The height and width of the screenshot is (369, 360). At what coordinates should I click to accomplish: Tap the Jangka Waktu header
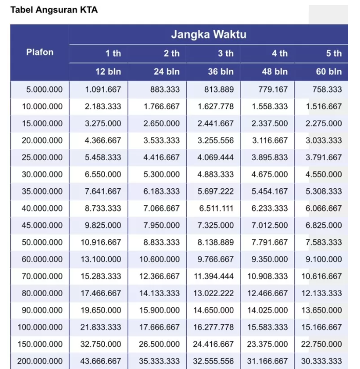tap(208, 35)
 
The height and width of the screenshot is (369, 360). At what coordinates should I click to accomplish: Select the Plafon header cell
tap(39, 52)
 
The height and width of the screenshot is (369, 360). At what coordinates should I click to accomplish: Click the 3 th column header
tap(225, 53)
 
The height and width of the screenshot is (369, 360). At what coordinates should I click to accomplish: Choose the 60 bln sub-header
tap(329, 71)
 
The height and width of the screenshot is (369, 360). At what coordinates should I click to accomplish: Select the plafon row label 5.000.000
tap(44, 89)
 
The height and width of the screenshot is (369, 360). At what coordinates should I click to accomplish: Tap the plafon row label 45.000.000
tap(42, 225)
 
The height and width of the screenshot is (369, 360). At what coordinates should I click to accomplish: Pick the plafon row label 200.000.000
tap(40, 361)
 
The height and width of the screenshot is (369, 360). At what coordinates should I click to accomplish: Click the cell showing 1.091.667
tap(103, 89)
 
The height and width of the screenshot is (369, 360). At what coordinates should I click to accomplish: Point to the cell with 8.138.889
tap(215, 242)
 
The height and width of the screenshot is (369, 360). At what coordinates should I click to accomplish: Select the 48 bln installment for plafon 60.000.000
tap(270, 259)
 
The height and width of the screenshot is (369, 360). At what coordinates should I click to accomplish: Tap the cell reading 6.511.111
tap(215, 208)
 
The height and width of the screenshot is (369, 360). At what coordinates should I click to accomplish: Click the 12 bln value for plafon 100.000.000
tap(101, 327)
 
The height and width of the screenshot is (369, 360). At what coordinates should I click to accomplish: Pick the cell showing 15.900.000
tap(159, 310)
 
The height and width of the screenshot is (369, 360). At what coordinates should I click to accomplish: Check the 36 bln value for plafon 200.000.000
tap(213, 361)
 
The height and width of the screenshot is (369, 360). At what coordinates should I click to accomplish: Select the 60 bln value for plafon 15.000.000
tap(324, 123)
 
